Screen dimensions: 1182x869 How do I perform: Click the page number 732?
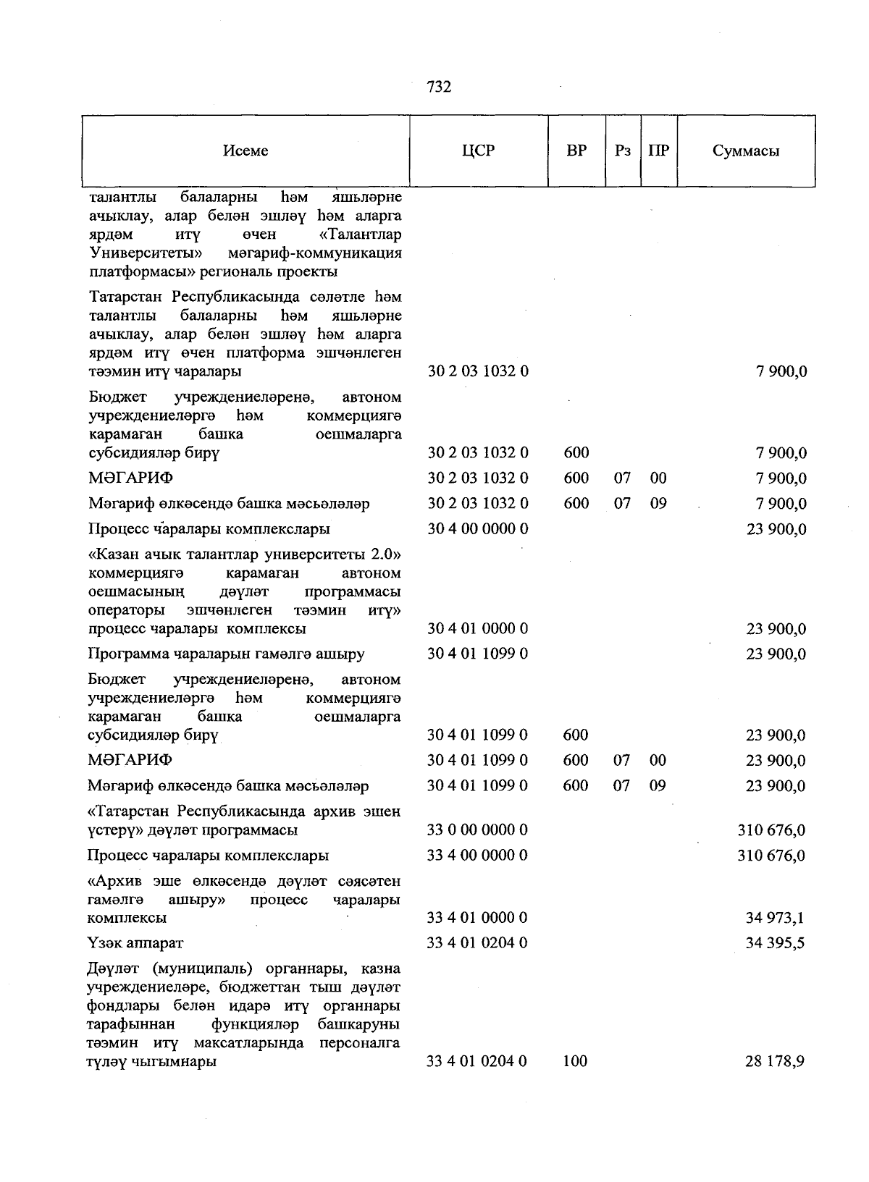click(439, 87)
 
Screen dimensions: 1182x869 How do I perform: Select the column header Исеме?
click(245, 151)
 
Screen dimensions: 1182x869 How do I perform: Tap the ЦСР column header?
click(478, 151)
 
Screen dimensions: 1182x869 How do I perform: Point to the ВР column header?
click(576, 151)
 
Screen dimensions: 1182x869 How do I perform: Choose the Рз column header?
click(622, 151)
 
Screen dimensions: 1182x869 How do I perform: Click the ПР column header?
click(658, 151)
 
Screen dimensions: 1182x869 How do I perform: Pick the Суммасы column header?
click(746, 151)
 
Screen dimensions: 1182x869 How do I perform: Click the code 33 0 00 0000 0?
click(477, 829)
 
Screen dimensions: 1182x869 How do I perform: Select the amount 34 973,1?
click(776, 918)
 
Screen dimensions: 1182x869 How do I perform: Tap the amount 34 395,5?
click(776, 943)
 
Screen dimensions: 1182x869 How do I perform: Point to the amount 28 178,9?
click(776, 1062)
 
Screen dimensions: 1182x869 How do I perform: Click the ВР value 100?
click(576, 1062)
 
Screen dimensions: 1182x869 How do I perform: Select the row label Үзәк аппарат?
click(135, 943)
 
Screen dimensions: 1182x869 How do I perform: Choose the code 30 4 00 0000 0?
click(478, 529)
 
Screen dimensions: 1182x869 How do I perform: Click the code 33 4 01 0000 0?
click(477, 918)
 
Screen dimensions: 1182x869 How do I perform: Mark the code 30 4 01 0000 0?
click(478, 629)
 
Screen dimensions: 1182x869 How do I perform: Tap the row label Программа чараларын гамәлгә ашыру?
click(226, 654)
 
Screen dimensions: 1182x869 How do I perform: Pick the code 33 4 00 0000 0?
click(477, 855)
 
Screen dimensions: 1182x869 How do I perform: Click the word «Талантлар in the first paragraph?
click(360, 235)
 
